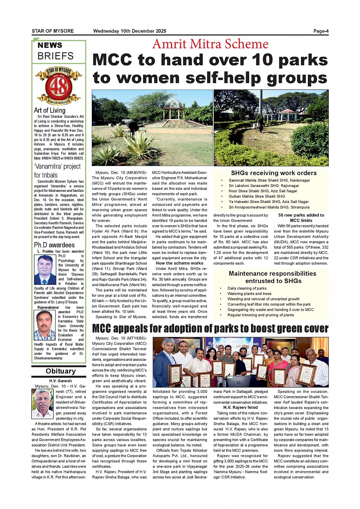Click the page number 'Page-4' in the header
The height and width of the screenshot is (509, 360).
[x=321, y=31]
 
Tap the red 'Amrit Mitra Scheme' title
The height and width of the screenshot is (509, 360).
[x=210, y=44]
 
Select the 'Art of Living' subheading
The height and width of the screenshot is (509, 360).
[x=50, y=110]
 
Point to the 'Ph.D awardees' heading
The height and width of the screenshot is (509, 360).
[x=54, y=245]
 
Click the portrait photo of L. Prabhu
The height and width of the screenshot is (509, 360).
[x=45, y=270]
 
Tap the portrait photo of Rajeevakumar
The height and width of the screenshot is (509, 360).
[x=45, y=326]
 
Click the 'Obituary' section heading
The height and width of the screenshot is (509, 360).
[x=61, y=371]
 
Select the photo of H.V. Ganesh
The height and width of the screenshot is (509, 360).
[x=43, y=404]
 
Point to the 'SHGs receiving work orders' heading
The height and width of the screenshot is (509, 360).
[x=274, y=173]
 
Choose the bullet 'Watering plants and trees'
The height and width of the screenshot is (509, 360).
[x=249, y=294]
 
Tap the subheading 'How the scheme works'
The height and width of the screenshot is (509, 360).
[x=179, y=263]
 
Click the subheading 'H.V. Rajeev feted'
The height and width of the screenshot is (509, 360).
[x=240, y=407]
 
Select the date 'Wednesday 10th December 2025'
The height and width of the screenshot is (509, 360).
[x=130, y=31]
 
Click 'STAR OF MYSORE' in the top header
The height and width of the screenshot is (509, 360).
[x=53, y=31]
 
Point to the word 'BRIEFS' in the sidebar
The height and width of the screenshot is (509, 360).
[x=56, y=56]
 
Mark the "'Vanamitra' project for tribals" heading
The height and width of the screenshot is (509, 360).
[x=57, y=171]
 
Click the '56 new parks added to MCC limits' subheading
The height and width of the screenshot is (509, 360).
[x=301, y=218]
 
